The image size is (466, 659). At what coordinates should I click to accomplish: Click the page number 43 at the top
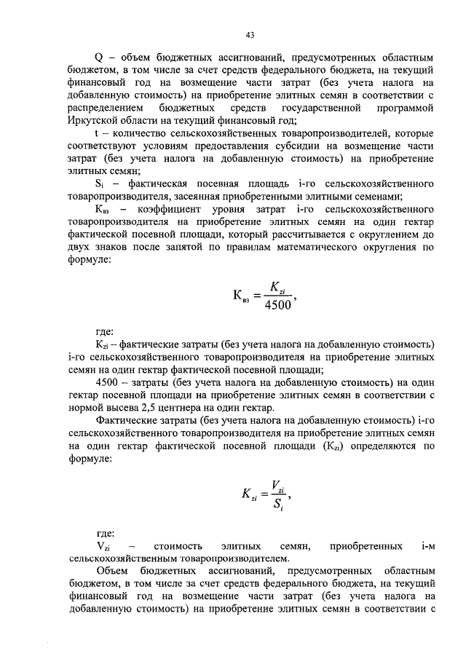pyautogui.click(x=250, y=34)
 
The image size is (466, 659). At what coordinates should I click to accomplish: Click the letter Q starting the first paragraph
pyautogui.click(x=100, y=56)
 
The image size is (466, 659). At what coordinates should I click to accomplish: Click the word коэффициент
pyautogui.click(x=176, y=210)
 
